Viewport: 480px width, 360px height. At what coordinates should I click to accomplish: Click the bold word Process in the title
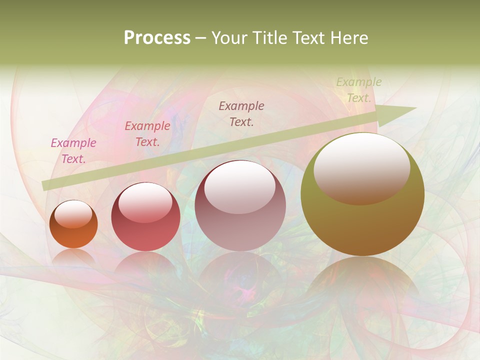tap(157, 38)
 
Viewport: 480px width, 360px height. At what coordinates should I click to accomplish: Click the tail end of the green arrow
tap(46, 185)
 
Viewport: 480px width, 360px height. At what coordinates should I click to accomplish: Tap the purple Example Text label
tap(73, 150)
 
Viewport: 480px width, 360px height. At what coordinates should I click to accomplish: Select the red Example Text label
tap(147, 133)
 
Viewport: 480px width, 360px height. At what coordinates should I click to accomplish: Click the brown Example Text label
tap(241, 113)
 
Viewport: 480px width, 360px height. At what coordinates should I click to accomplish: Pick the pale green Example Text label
tap(358, 90)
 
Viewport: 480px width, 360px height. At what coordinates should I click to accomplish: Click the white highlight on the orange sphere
tap(73, 214)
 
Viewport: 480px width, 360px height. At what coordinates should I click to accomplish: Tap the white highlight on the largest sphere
tap(361, 167)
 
